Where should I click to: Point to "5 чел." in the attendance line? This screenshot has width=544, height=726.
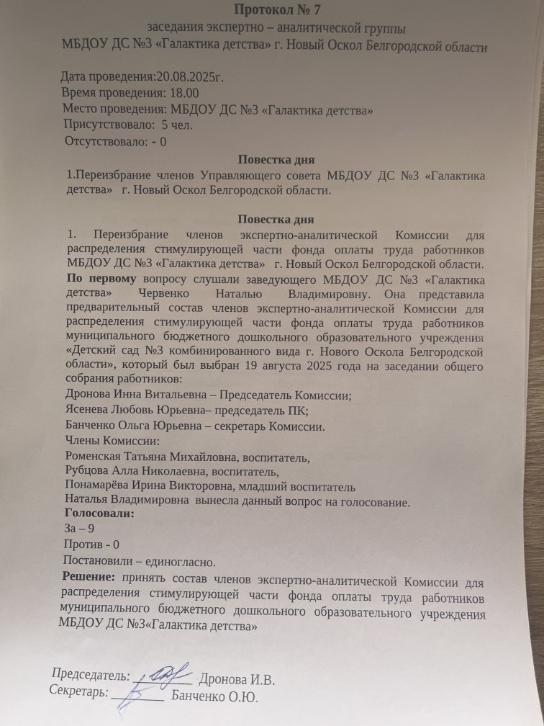pyautogui.click(x=176, y=124)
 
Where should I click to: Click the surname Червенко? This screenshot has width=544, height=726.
pyautogui.click(x=160, y=295)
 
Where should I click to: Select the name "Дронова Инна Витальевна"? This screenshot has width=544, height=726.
pyautogui.click(x=139, y=395)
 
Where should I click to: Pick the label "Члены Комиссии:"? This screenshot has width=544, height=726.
pyautogui.click(x=112, y=441)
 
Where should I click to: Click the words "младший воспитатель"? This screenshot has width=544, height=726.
pyautogui.click(x=307, y=486)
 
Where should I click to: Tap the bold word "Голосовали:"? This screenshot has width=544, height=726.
pyautogui.click(x=99, y=514)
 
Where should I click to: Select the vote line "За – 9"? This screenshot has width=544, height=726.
pyautogui.click(x=78, y=529)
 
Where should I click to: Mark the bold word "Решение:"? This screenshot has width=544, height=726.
pyautogui.click(x=89, y=577)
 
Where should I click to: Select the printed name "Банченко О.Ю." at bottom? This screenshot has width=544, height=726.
pyautogui.click(x=214, y=696)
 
